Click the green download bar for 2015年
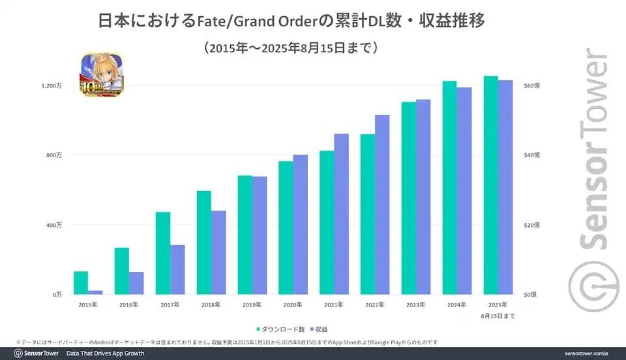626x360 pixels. pyautogui.click(x=81, y=282)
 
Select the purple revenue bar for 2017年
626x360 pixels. pyautogui.click(x=177, y=269)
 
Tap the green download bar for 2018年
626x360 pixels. pyautogui.click(x=204, y=242)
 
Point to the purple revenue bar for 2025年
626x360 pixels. pyautogui.click(x=505, y=187)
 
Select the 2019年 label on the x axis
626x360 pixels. pyautogui.click(x=252, y=305)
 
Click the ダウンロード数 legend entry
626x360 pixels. pyautogui.click(x=282, y=329)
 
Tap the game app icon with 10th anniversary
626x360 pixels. pyautogui.click(x=101, y=76)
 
